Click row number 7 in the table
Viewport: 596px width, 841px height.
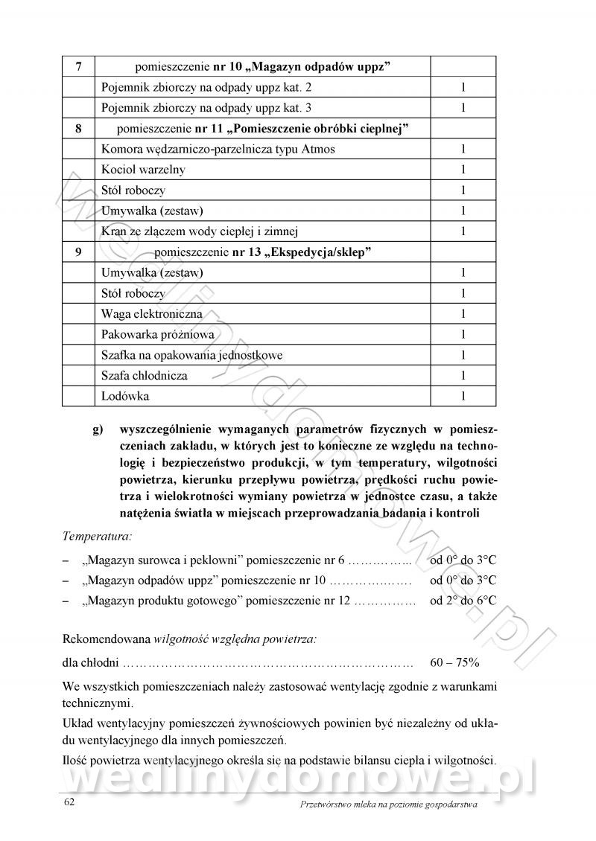coord(79,66)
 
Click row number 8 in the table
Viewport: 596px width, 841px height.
coord(79,128)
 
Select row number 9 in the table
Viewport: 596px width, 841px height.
coord(79,252)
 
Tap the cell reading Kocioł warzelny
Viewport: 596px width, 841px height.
coord(144,170)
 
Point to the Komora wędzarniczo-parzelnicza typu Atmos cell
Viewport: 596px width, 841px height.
coord(218,149)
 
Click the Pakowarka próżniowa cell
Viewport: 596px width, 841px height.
coord(157,334)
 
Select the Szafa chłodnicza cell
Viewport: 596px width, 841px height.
coord(145,376)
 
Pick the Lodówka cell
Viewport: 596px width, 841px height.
coord(125,396)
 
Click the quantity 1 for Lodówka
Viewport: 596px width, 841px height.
coord(463,396)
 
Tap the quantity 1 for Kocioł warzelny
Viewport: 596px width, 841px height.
coord(463,170)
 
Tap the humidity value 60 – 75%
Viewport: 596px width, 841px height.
coord(454,661)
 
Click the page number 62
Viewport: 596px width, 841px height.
coord(69,802)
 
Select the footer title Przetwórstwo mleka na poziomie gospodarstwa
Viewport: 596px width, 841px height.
coord(387,804)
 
